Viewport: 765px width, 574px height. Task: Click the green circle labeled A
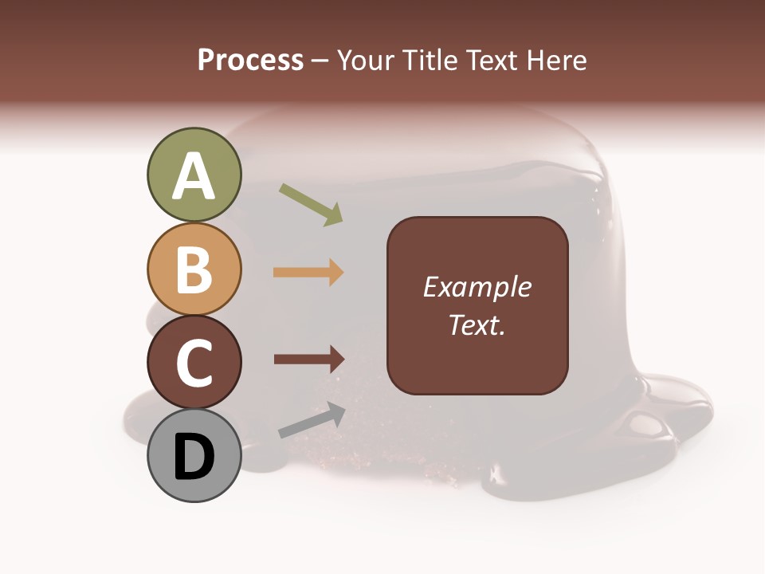(194, 175)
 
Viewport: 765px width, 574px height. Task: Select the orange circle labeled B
(194, 269)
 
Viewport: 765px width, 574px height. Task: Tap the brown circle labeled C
(194, 363)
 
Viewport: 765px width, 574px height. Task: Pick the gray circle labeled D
(194, 455)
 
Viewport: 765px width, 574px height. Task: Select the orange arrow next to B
(308, 273)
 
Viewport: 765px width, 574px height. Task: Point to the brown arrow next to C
(308, 359)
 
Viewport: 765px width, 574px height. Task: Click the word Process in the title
(250, 61)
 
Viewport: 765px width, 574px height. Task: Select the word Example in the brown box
(477, 287)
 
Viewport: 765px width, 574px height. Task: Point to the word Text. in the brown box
(477, 325)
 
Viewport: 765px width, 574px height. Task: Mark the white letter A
(194, 176)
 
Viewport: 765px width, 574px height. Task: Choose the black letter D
(194, 457)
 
